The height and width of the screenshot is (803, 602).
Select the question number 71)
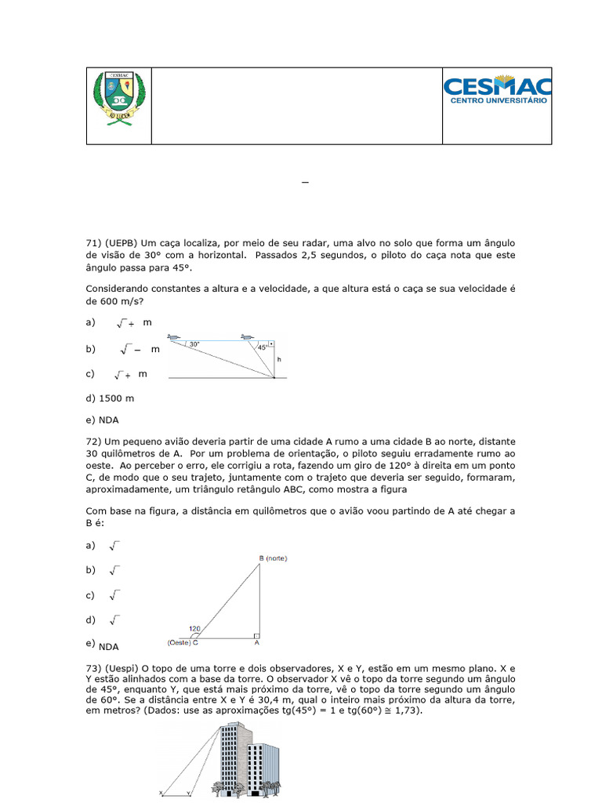96,244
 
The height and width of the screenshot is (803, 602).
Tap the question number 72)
96,441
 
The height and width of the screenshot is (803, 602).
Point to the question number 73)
96,667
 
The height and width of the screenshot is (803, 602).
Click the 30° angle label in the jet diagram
194,343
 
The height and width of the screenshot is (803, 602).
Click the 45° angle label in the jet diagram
263,347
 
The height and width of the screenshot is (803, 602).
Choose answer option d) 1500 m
110,398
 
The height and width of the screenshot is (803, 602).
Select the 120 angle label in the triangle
195,629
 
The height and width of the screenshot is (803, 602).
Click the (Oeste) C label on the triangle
183,643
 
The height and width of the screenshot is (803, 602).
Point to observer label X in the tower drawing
160,793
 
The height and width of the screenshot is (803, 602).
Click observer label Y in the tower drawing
188,793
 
